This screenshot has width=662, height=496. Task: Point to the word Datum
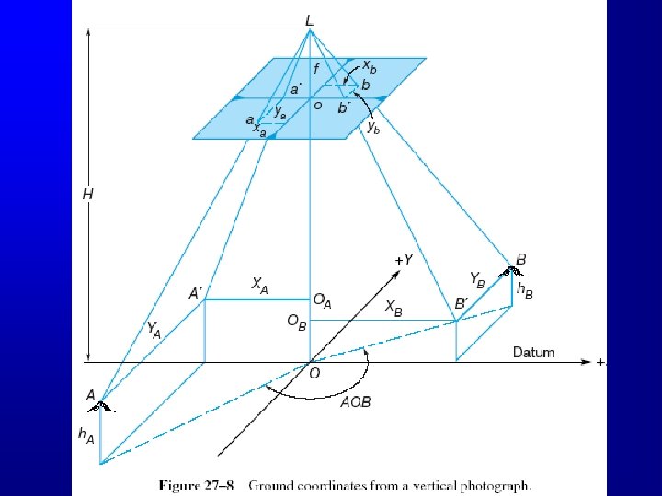[x=533, y=353]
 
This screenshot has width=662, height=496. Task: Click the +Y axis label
[x=403, y=261]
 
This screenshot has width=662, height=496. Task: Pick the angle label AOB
[x=355, y=402]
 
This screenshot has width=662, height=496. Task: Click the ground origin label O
[x=314, y=373]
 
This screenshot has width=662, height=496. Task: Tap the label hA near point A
[x=86, y=434]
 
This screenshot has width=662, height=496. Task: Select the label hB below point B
[x=525, y=290]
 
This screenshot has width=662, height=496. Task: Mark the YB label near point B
[x=478, y=277]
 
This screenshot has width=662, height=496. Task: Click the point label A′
[x=196, y=294]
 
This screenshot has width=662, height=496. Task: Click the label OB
[x=294, y=322]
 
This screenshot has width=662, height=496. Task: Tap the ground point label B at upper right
[x=521, y=260]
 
